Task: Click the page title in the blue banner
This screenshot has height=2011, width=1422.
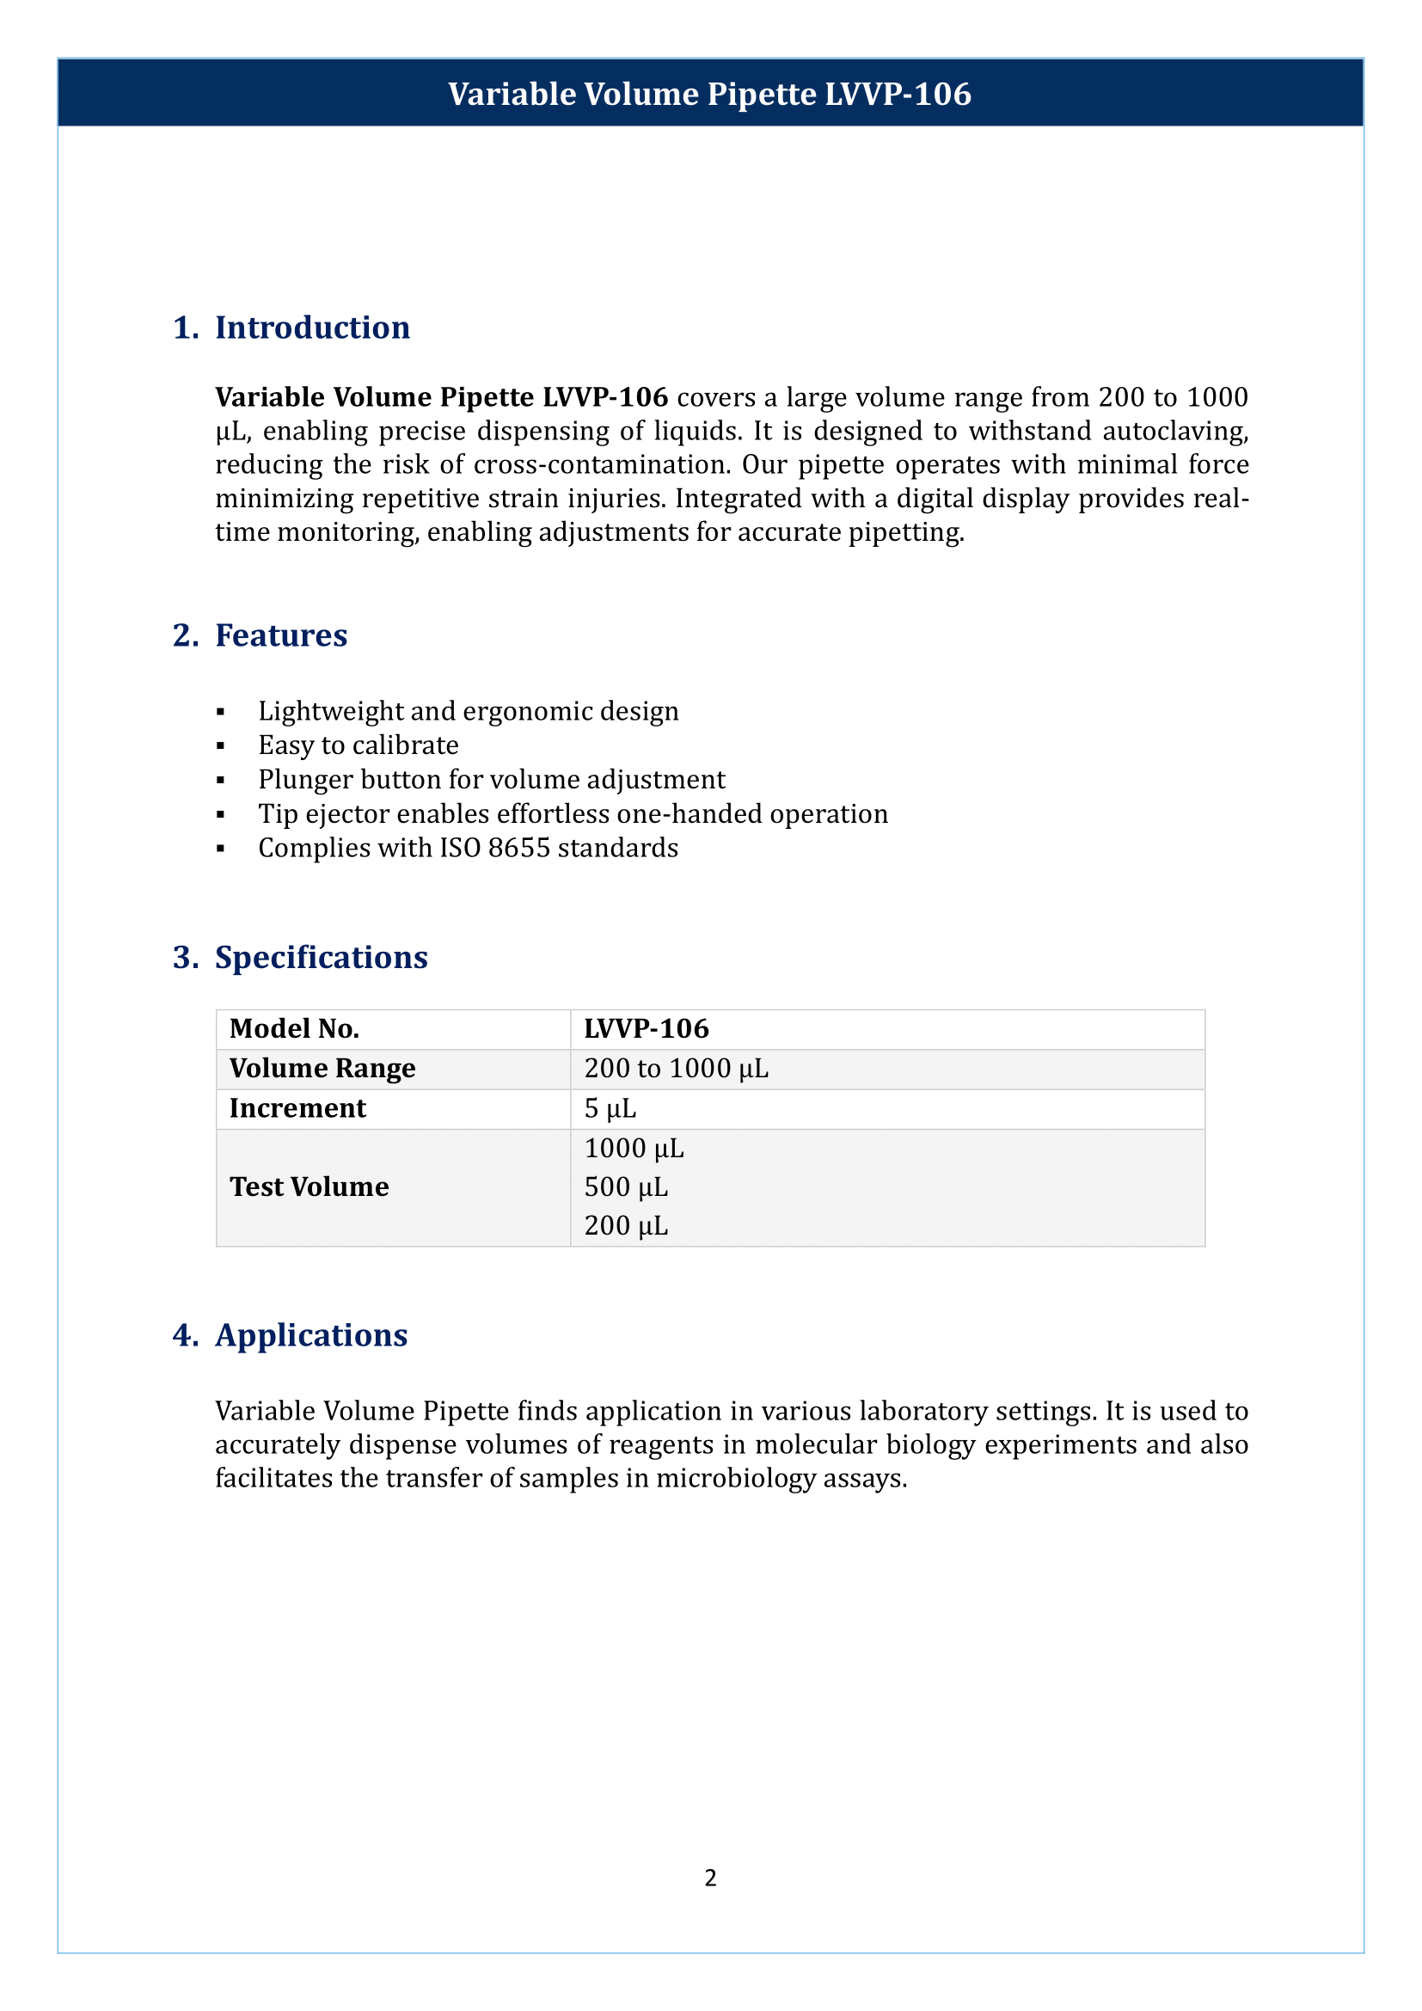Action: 709,94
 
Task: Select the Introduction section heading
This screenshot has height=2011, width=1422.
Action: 312,328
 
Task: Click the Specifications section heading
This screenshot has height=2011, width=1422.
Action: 321,957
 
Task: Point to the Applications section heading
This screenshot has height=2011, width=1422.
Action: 311,1335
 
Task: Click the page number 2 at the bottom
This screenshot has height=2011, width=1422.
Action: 710,1877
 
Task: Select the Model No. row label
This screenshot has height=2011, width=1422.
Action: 294,1028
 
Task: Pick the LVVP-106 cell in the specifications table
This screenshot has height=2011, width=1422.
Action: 647,1028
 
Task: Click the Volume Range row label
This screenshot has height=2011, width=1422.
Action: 322,1069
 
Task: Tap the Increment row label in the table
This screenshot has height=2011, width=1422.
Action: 297,1108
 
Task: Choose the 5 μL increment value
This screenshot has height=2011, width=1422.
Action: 610,1109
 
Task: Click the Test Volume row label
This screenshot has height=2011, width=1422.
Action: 310,1186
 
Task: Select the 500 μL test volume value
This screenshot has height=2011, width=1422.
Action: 626,1186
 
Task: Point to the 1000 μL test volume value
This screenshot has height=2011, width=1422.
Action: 634,1149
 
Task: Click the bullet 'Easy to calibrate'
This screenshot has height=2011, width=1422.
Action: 359,745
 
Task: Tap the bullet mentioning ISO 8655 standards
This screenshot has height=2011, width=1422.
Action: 468,848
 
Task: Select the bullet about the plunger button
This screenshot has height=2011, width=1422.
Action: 491,780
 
